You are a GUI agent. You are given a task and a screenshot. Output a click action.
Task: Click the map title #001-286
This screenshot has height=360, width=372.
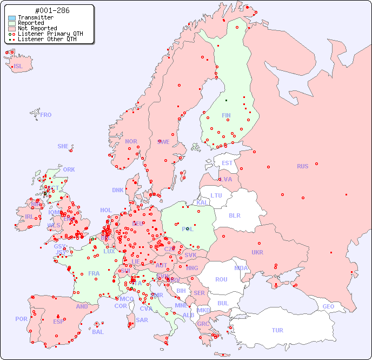click(52, 10)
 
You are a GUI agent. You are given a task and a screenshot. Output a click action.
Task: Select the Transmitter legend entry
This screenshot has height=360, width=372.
click(35, 17)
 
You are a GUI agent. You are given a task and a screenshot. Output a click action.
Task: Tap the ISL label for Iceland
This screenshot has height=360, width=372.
click(18, 67)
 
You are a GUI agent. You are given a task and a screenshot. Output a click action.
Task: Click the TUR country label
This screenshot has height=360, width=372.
click(277, 330)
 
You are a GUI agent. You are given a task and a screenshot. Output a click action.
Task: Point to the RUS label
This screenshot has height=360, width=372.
click(302, 166)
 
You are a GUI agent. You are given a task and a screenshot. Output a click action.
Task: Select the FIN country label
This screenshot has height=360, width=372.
click(226, 115)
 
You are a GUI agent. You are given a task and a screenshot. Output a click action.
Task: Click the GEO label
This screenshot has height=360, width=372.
click(328, 306)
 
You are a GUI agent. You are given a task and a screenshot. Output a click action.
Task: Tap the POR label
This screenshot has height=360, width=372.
click(21, 319)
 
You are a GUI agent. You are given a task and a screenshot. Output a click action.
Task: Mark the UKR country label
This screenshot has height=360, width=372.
click(257, 252)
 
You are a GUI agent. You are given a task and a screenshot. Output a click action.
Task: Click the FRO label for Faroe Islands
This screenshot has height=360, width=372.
click(45, 115)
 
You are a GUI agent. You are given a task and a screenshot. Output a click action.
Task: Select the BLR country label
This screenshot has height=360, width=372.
click(235, 215)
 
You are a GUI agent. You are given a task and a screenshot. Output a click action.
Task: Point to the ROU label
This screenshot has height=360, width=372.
click(221, 279)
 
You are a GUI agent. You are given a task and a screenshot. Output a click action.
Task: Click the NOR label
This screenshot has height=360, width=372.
click(131, 141)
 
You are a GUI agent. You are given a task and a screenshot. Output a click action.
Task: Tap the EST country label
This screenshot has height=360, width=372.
click(227, 163)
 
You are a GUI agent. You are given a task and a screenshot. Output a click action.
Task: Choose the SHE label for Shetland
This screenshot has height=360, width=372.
click(63, 146)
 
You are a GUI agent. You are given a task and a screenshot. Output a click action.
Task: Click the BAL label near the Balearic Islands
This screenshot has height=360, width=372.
click(98, 332)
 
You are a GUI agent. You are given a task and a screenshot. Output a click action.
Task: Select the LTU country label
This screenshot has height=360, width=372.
click(216, 195)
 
